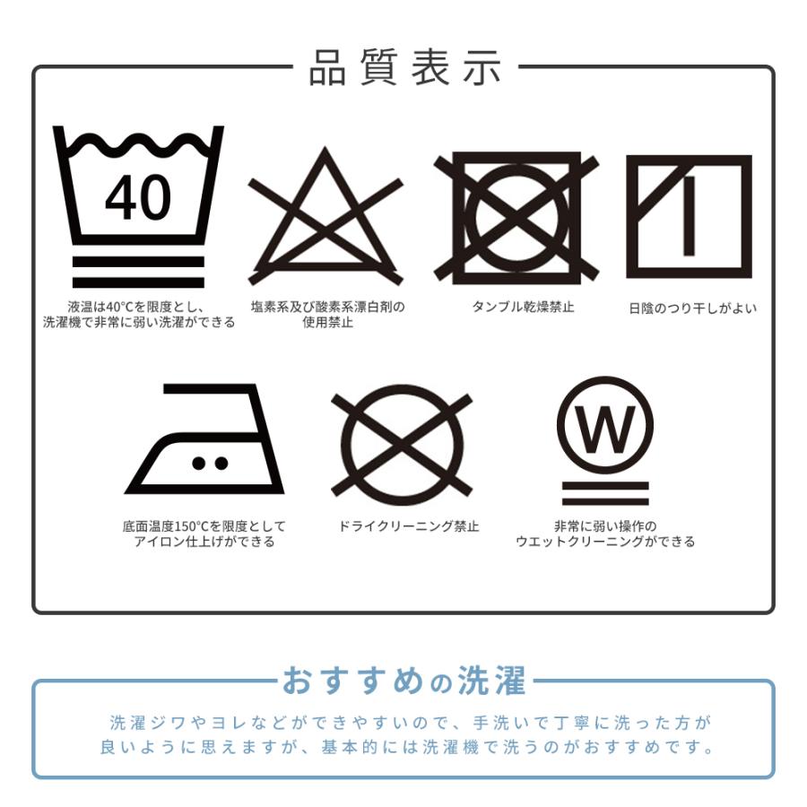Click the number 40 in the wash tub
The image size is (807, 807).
click(x=138, y=197)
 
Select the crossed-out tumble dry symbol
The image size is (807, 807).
click(x=516, y=218)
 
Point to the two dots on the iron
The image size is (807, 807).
click(x=210, y=464)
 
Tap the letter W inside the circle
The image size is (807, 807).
click(x=605, y=429)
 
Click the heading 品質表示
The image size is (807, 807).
click(x=405, y=67)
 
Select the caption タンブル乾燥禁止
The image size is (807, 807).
click(x=523, y=308)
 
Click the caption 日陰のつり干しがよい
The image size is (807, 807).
click(x=693, y=308)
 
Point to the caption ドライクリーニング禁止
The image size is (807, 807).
click(x=409, y=526)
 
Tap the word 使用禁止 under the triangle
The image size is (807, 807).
click(x=328, y=323)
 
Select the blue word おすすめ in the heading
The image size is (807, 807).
click(x=353, y=681)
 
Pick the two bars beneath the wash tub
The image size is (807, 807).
click(x=138, y=273)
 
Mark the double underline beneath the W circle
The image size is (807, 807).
click(x=605, y=493)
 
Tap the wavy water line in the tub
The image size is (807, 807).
click(x=139, y=144)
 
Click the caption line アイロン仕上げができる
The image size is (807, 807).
click(x=204, y=542)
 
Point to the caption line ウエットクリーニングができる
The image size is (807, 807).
click(x=605, y=542)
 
